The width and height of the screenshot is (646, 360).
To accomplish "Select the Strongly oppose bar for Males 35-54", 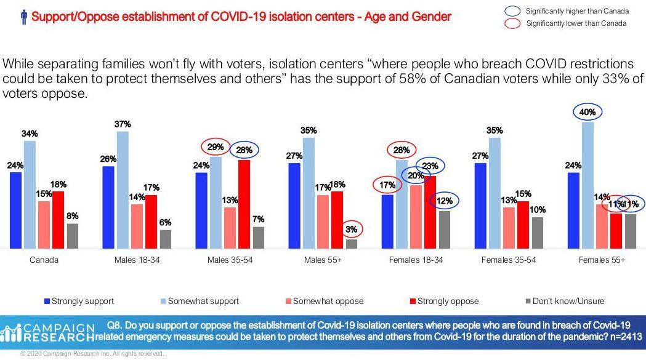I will click(244, 204).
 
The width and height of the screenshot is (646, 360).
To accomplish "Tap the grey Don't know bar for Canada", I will click(72, 236).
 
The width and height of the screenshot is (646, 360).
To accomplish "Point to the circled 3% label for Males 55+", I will click(351, 229).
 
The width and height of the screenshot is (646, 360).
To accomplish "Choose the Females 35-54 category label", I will click(508, 260).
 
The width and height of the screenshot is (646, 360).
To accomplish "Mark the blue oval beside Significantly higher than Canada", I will click(512, 11).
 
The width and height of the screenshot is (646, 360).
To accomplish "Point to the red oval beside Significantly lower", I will click(512, 23).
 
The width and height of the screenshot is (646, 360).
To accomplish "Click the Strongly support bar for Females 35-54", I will click(480, 206).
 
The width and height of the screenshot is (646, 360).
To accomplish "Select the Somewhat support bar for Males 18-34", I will click(123, 190).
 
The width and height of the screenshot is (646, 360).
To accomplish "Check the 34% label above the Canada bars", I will click(30, 134).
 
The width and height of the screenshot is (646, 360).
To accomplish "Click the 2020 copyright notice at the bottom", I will click(92, 354).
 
